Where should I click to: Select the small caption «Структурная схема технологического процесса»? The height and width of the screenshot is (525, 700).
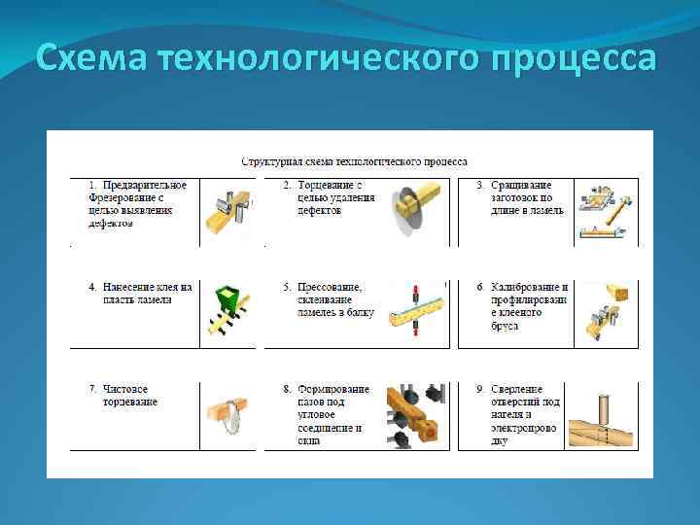(354, 161)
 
